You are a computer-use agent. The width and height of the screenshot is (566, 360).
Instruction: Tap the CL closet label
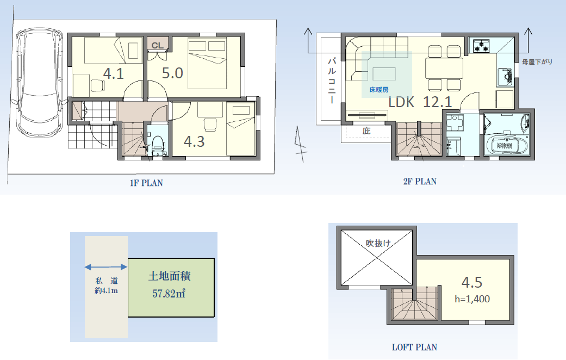point(157,46)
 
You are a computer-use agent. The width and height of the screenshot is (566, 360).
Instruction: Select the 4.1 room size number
point(113,73)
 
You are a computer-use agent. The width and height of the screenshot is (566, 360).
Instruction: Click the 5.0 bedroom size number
point(172,73)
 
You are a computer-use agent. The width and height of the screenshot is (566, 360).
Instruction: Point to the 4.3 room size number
point(194,141)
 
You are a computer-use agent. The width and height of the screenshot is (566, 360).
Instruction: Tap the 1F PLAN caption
point(146,183)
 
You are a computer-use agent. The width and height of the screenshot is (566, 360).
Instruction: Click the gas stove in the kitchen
point(481,46)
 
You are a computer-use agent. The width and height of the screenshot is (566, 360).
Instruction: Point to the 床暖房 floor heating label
point(379,90)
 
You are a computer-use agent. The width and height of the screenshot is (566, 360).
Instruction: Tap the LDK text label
point(401,102)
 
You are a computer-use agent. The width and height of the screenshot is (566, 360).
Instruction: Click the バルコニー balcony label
point(331,81)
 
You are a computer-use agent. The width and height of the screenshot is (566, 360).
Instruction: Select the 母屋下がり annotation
point(537,62)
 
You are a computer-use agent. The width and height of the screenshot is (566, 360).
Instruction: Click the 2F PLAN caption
point(420,181)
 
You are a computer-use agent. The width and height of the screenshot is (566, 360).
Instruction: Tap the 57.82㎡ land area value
point(169,293)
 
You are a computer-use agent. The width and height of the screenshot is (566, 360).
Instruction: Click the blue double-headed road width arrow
point(106,267)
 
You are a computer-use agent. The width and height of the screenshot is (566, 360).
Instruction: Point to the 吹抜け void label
point(378,244)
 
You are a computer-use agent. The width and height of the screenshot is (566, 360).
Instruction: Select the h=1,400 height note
point(472,299)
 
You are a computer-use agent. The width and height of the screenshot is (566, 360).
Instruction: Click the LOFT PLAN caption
point(414,347)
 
